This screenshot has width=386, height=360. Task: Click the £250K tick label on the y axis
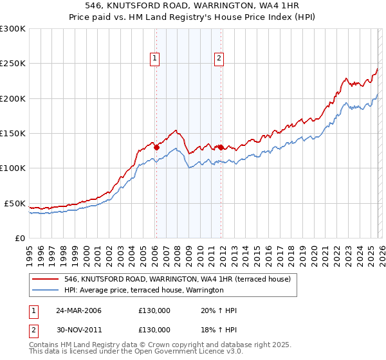[13, 64]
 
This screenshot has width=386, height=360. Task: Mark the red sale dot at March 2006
[156, 147]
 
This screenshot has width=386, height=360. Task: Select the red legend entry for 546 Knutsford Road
[177, 280]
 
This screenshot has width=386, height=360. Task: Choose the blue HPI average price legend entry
[143, 291]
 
